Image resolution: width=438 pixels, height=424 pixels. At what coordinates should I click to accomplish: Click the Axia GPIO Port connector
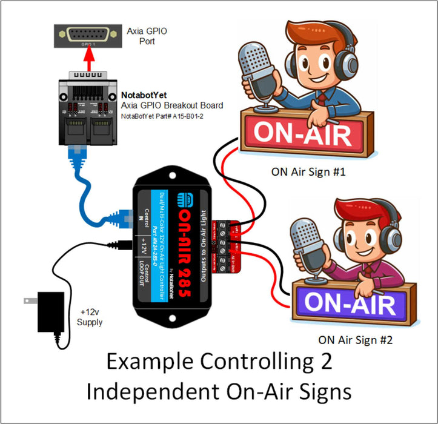pos(88,36)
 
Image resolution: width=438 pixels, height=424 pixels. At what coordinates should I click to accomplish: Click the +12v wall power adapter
pos(48,309)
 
